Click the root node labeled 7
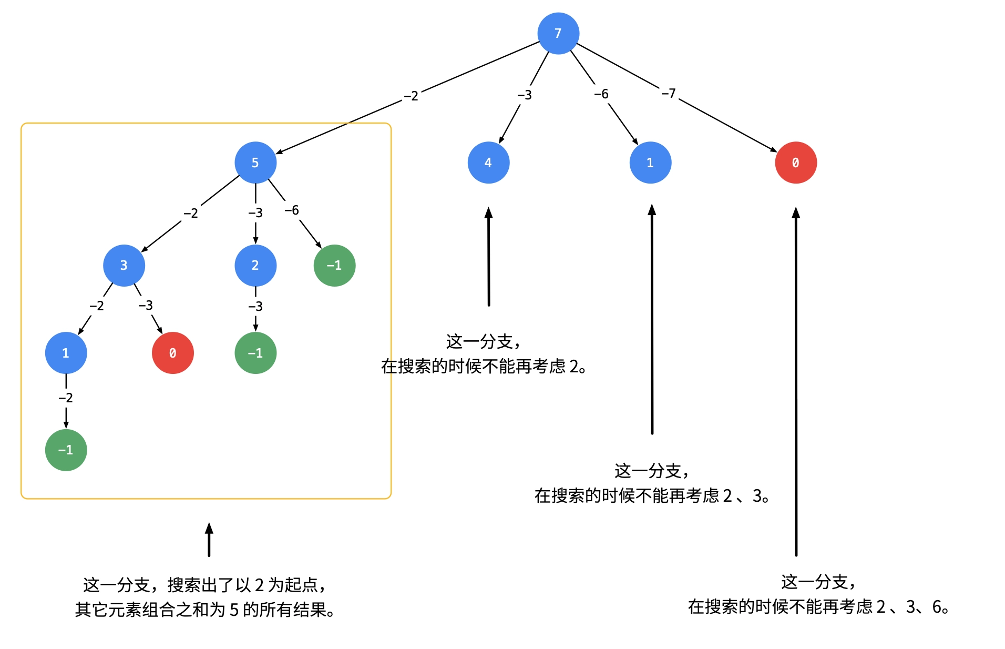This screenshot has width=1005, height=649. click(558, 33)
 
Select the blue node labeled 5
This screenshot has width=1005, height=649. click(255, 163)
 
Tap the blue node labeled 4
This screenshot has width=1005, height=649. click(488, 163)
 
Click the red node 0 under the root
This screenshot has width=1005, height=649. click(796, 163)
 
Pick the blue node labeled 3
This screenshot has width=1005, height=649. click(124, 265)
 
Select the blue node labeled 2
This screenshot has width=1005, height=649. click(255, 265)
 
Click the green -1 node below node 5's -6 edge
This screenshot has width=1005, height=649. click(334, 265)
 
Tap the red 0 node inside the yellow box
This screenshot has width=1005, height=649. click(172, 353)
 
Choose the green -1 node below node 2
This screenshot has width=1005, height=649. click(255, 353)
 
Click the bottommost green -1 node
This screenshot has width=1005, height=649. click(66, 450)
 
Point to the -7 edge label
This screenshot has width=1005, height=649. click(668, 94)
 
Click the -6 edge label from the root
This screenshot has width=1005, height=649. click(601, 94)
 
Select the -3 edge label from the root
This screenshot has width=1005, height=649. click(524, 95)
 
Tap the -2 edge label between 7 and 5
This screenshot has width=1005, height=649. click(411, 96)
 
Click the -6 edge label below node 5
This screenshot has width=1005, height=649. click(291, 210)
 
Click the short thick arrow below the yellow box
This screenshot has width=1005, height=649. click(209, 540)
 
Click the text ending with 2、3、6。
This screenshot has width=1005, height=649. click(818, 606)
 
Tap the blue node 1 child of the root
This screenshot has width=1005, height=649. click(650, 163)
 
